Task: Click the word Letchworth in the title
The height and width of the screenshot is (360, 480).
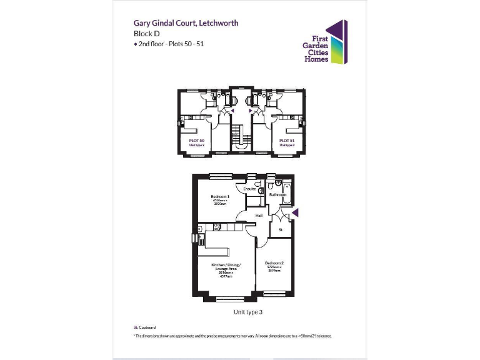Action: pos(217,23)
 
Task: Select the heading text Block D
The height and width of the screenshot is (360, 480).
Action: pos(147,34)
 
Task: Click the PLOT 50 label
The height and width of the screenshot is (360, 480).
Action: pos(197,141)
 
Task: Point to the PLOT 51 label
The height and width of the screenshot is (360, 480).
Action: pos(287,141)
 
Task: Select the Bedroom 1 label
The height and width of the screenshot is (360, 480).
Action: pos(220,197)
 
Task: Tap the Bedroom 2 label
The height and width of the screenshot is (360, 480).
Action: pos(275,263)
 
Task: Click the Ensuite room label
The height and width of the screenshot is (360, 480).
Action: pos(249,188)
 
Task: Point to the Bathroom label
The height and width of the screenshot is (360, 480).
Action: pos(277,195)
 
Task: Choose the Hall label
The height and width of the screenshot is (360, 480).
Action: pos(258,216)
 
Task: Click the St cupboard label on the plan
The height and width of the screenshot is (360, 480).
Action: pos(281,229)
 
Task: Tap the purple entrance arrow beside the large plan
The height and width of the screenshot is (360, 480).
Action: pos(296,214)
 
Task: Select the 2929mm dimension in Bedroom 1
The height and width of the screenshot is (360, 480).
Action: pos(220,204)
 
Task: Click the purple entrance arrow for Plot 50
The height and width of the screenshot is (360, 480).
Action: pos(232,109)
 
